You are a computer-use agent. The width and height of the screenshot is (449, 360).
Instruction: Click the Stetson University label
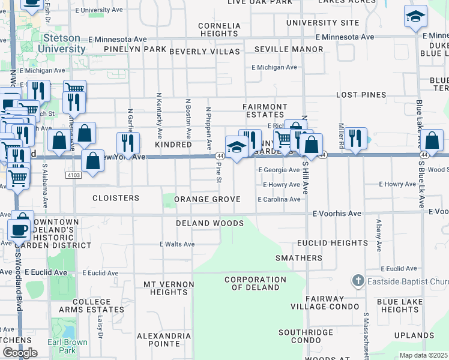coord(61,43)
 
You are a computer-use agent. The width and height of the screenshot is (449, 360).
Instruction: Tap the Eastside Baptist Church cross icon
coord(358,280)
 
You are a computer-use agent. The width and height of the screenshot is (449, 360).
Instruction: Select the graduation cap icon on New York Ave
coord(237,147)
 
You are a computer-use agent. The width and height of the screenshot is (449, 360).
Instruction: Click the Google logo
coord(20,352)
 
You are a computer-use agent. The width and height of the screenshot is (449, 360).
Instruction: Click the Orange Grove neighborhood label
coord(207,199)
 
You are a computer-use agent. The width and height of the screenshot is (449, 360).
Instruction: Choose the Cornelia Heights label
coord(219,30)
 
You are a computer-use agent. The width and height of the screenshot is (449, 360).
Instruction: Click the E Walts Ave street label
coord(177,244)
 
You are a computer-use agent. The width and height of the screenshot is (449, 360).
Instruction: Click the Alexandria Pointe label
coord(159,340)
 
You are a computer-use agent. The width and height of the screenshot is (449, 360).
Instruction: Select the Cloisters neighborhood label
coord(116,197)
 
